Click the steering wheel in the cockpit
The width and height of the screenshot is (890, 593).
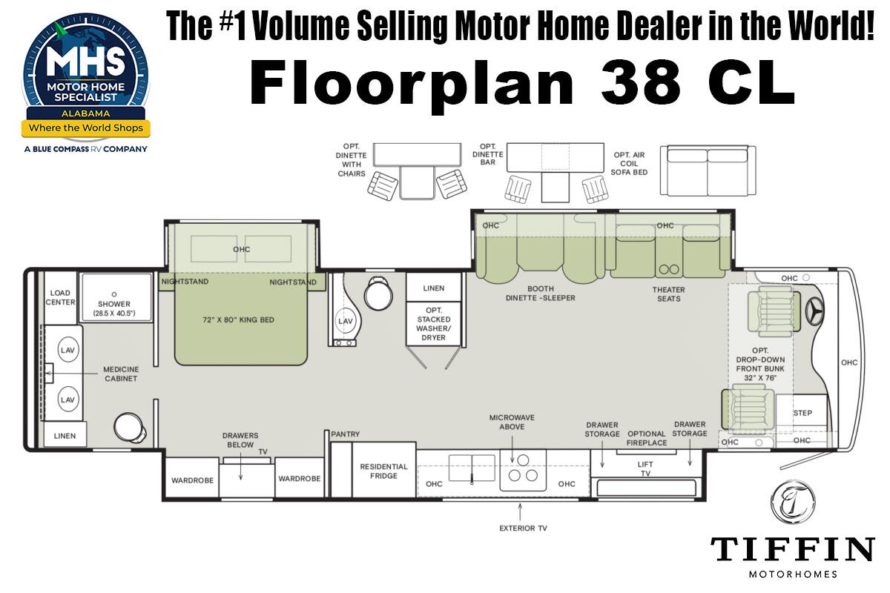[x=814, y=310]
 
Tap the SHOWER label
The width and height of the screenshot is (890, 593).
[x=114, y=304]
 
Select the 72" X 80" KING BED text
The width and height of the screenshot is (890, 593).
[x=238, y=319]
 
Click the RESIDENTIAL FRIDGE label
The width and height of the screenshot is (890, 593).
[x=384, y=471]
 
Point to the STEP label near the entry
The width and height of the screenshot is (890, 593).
[x=802, y=413]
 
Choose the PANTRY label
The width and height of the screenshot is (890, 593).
[x=346, y=434]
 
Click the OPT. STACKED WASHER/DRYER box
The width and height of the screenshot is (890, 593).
[x=433, y=323]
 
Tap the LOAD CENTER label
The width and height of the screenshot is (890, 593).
[x=60, y=297]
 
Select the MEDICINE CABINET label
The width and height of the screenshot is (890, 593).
[x=121, y=374]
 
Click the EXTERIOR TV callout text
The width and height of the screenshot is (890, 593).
[x=524, y=529]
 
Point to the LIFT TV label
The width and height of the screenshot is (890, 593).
[x=645, y=468]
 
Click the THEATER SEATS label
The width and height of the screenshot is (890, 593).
[x=669, y=294]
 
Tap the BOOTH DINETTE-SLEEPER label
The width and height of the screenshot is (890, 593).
[x=541, y=293]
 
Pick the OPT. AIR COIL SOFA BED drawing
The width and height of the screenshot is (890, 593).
[x=708, y=170]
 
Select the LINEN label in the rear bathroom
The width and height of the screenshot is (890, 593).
[x=65, y=436]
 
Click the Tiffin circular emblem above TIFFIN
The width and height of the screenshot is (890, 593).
[x=793, y=502]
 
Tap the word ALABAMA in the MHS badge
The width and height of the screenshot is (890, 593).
[x=86, y=113]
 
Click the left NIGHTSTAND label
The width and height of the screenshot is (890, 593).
[x=185, y=282]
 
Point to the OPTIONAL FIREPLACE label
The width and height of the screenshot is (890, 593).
[x=647, y=438]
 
